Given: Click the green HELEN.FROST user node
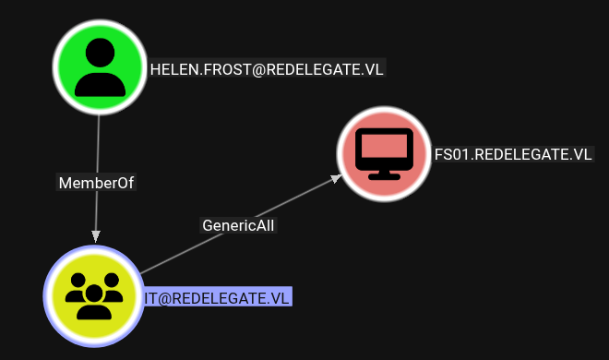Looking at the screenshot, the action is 100,67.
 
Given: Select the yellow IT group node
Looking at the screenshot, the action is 94,296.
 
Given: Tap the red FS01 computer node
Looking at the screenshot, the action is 384,154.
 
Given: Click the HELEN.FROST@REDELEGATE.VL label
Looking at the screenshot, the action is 267,69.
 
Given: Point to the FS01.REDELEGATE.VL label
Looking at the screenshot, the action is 513,154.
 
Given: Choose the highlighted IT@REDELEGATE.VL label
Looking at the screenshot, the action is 217,298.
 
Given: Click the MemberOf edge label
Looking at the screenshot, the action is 96,183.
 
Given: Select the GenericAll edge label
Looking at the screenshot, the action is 238,225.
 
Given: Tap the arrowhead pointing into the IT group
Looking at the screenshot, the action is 96,236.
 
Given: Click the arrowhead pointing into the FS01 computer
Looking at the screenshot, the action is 337,179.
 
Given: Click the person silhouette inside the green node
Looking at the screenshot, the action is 100,67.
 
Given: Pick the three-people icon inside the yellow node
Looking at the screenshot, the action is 94,296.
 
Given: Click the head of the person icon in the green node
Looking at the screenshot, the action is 100,53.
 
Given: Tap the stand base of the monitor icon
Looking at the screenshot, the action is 384,176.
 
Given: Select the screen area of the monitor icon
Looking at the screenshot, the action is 384,146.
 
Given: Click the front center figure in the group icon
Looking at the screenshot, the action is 94,303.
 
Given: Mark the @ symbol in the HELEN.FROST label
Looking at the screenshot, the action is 259,70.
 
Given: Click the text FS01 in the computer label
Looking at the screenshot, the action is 452,154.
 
